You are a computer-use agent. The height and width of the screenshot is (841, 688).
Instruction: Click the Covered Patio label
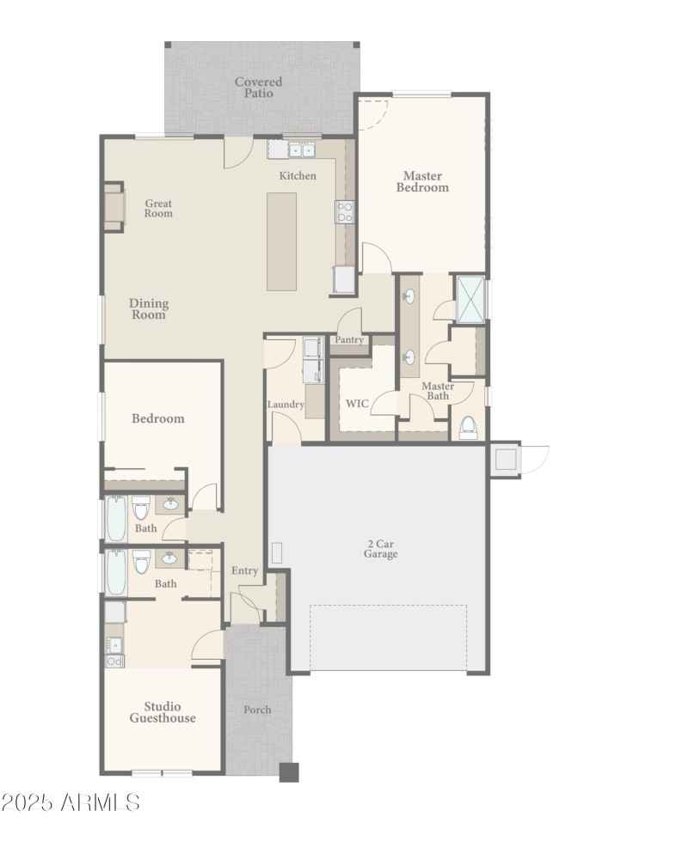[258, 88]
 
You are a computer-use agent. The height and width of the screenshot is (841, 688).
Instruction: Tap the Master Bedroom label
[422, 181]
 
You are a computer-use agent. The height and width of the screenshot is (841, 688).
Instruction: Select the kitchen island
[281, 241]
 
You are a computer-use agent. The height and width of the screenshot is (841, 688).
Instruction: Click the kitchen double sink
[301, 149]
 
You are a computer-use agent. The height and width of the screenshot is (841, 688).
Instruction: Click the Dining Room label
[149, 308]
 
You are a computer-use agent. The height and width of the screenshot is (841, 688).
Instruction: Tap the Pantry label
[350, 340]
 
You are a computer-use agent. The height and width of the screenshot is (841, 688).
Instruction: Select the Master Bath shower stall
[470, 297]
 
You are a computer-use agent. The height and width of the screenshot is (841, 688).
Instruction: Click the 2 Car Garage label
[380, 549]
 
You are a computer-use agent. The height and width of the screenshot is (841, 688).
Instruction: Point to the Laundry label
[286, 405]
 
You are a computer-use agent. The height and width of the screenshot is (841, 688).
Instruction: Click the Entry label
[245, 571]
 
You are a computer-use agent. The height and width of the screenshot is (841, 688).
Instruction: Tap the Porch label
[257, 710]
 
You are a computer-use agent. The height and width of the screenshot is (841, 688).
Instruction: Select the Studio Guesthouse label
[163, 712]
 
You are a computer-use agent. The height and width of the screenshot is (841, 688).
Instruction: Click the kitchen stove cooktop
[345, 211]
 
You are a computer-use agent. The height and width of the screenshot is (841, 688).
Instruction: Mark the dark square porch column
[289, 771]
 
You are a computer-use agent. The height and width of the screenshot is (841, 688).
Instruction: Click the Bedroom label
[157, 418]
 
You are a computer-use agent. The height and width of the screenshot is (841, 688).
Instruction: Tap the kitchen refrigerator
[344, 280]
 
